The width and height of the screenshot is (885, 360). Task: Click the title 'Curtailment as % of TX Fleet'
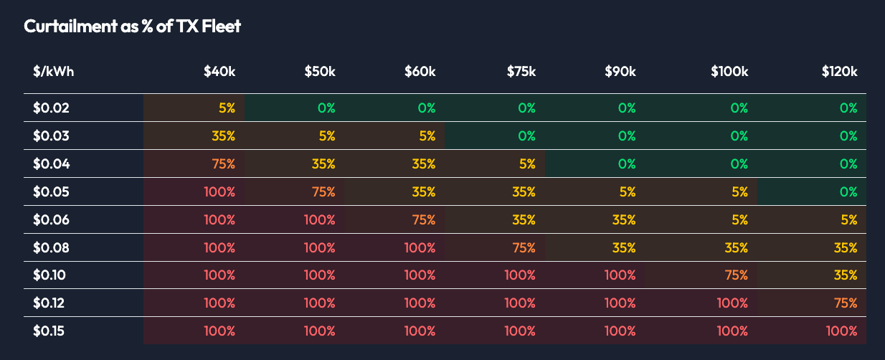[x=132, y=27]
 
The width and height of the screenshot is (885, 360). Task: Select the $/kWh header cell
[x=53, y=72]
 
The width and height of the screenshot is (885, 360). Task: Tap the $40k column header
[x=219, y=72]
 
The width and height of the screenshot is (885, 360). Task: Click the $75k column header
[x=521, y=72]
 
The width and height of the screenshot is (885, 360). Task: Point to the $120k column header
[x=839, y=72]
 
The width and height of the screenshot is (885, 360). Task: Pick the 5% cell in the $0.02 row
[x=227, y=108]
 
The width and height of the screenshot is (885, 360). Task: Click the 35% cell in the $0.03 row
[x=224, y=136]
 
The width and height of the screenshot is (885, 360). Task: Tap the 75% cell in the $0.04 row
[x=224, y=164]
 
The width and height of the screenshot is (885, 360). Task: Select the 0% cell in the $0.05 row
[x=848, y=192]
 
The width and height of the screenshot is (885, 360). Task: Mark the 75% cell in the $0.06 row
[x=424, y=220]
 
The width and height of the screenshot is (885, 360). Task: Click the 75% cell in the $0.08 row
[x=524, y=248]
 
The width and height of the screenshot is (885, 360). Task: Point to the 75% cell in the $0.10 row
[x=737, y=275]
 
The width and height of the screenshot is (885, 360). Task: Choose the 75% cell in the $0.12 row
[x=846, y=303]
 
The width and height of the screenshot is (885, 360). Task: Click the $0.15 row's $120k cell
[x=841, y=331]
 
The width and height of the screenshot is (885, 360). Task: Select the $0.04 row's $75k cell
[x=527, y=164]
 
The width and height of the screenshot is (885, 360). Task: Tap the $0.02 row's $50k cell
[x=326, y=108]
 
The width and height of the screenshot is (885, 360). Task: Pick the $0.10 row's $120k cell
[x=846, y=275]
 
